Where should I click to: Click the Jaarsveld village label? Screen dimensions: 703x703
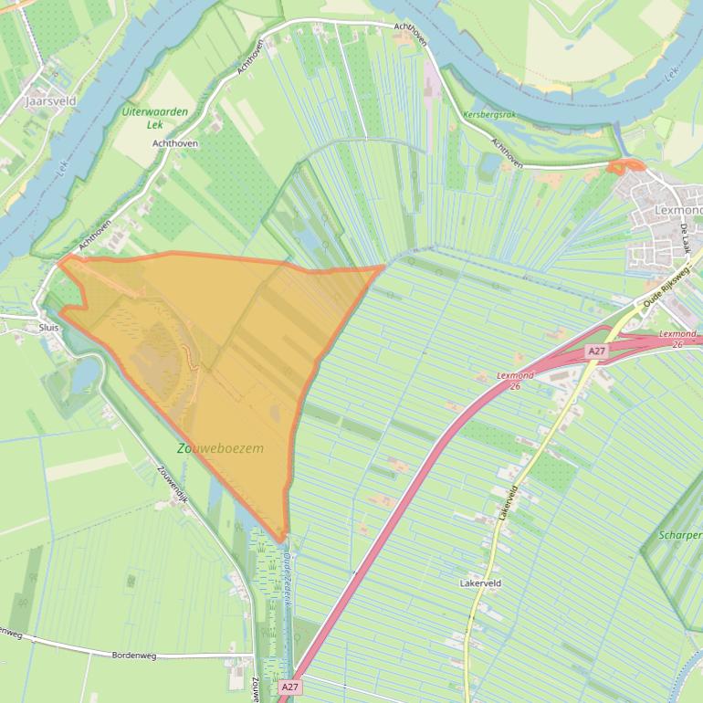pos(51,101)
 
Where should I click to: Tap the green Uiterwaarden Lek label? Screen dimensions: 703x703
pos(155,118)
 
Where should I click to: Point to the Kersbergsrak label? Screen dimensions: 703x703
pos(489,115)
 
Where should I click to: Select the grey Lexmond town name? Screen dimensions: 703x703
pos(678,211)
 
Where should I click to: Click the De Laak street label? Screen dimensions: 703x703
pos(685,244)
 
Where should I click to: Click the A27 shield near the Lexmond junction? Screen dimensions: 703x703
pos(596,351)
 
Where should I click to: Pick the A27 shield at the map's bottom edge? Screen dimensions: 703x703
pos(289,687)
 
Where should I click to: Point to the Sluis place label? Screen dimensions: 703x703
pos(48,326)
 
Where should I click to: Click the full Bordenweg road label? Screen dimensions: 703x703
pos(134,655)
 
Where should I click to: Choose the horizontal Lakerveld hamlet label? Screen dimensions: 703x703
pos(480,582)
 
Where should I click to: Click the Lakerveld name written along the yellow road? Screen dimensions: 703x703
pos(508,503)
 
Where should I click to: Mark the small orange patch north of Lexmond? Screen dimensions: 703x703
pos(625,166)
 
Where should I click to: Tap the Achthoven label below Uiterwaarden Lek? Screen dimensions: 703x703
pos(175,143)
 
